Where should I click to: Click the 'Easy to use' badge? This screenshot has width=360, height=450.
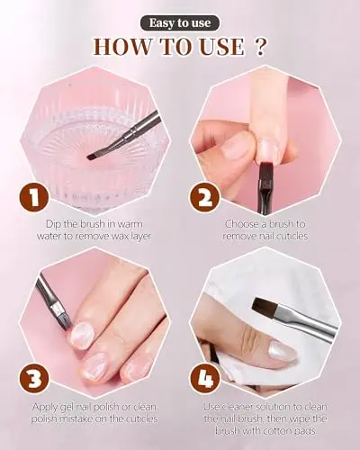(180, 23)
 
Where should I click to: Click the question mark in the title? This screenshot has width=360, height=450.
(260, 47)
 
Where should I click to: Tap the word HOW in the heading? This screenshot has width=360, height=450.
(122, 47)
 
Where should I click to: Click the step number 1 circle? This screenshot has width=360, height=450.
(34, 197)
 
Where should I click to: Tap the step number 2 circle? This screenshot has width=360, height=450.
(205, 197)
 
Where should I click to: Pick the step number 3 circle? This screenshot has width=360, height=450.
(34, 379)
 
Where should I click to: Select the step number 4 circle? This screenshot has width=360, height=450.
(205, 379)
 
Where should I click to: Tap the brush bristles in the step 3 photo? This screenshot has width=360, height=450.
(64, 320)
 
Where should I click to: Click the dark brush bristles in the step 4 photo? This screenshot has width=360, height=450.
(265, 307)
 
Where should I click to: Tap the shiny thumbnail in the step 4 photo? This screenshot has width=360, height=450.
(282, 351)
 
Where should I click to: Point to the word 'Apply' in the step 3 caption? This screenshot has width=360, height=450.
(45, 408)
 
